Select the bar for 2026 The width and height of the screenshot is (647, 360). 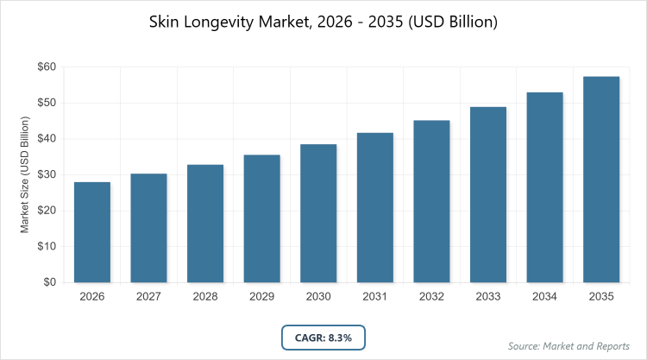(x=92, y=232)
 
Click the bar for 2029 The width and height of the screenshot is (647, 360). (x=262, y=218)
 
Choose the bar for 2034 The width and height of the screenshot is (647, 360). (x=545, y=187)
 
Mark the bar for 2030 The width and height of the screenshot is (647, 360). (x=318, y=213)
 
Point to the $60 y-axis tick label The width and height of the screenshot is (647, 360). (x=46, y=67)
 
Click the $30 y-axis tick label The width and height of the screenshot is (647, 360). (x=46, y=175)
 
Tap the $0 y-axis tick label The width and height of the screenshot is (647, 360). (x=49, y=282)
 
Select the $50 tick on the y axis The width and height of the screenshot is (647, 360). (x=46, y=104)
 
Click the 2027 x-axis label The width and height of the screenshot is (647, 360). (x=148, y=297)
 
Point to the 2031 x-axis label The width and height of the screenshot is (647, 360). (x=375, y=297)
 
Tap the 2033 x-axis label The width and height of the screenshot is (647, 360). (x=488, y=297)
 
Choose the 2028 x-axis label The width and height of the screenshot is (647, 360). (x=205, y=297)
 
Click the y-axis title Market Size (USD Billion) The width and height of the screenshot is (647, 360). (x=25, y=175)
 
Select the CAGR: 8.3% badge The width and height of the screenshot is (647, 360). (x=323, y=337)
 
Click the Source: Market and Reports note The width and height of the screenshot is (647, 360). (x=568, y=346)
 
